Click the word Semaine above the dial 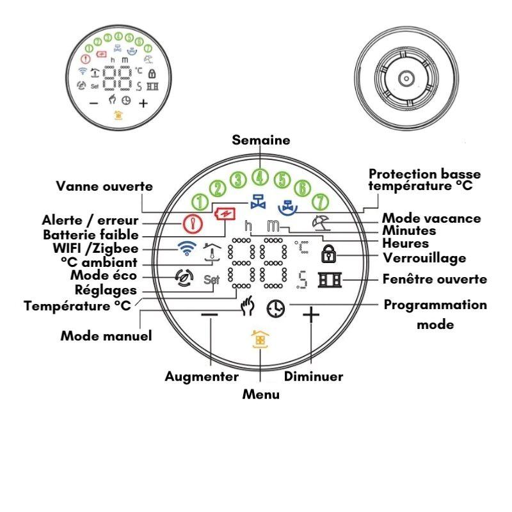[260, 140]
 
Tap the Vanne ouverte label [105, 186]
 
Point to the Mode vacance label [431, 218]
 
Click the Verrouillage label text [424, 258]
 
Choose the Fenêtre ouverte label [435, 280]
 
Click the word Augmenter [202, 376]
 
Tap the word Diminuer [314, 376]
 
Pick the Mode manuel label [106, 335]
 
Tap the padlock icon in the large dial [328, 255]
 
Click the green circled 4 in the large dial [259, 177]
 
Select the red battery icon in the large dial [225, 212]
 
